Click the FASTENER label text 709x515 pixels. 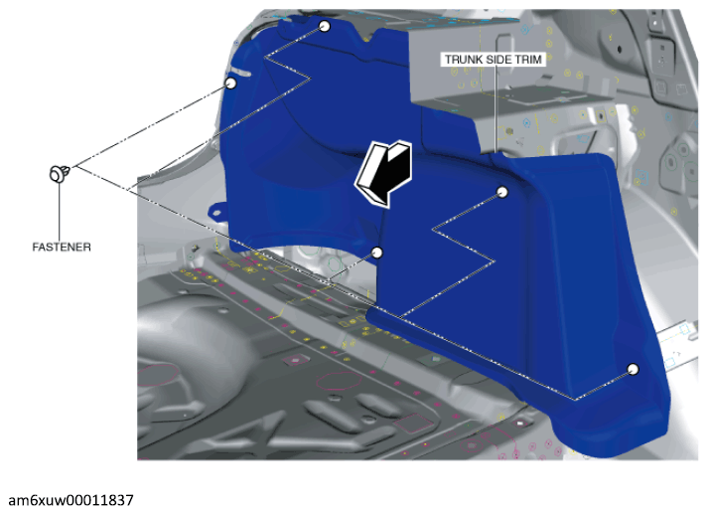[62, 248]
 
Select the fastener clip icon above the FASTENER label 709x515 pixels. [60, 174]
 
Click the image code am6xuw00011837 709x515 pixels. [71, 500]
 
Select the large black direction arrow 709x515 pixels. [384, 172]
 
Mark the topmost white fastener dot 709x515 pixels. [324, 26]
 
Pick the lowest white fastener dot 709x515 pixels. [634, 369]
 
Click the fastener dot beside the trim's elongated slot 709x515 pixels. [230, 84]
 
